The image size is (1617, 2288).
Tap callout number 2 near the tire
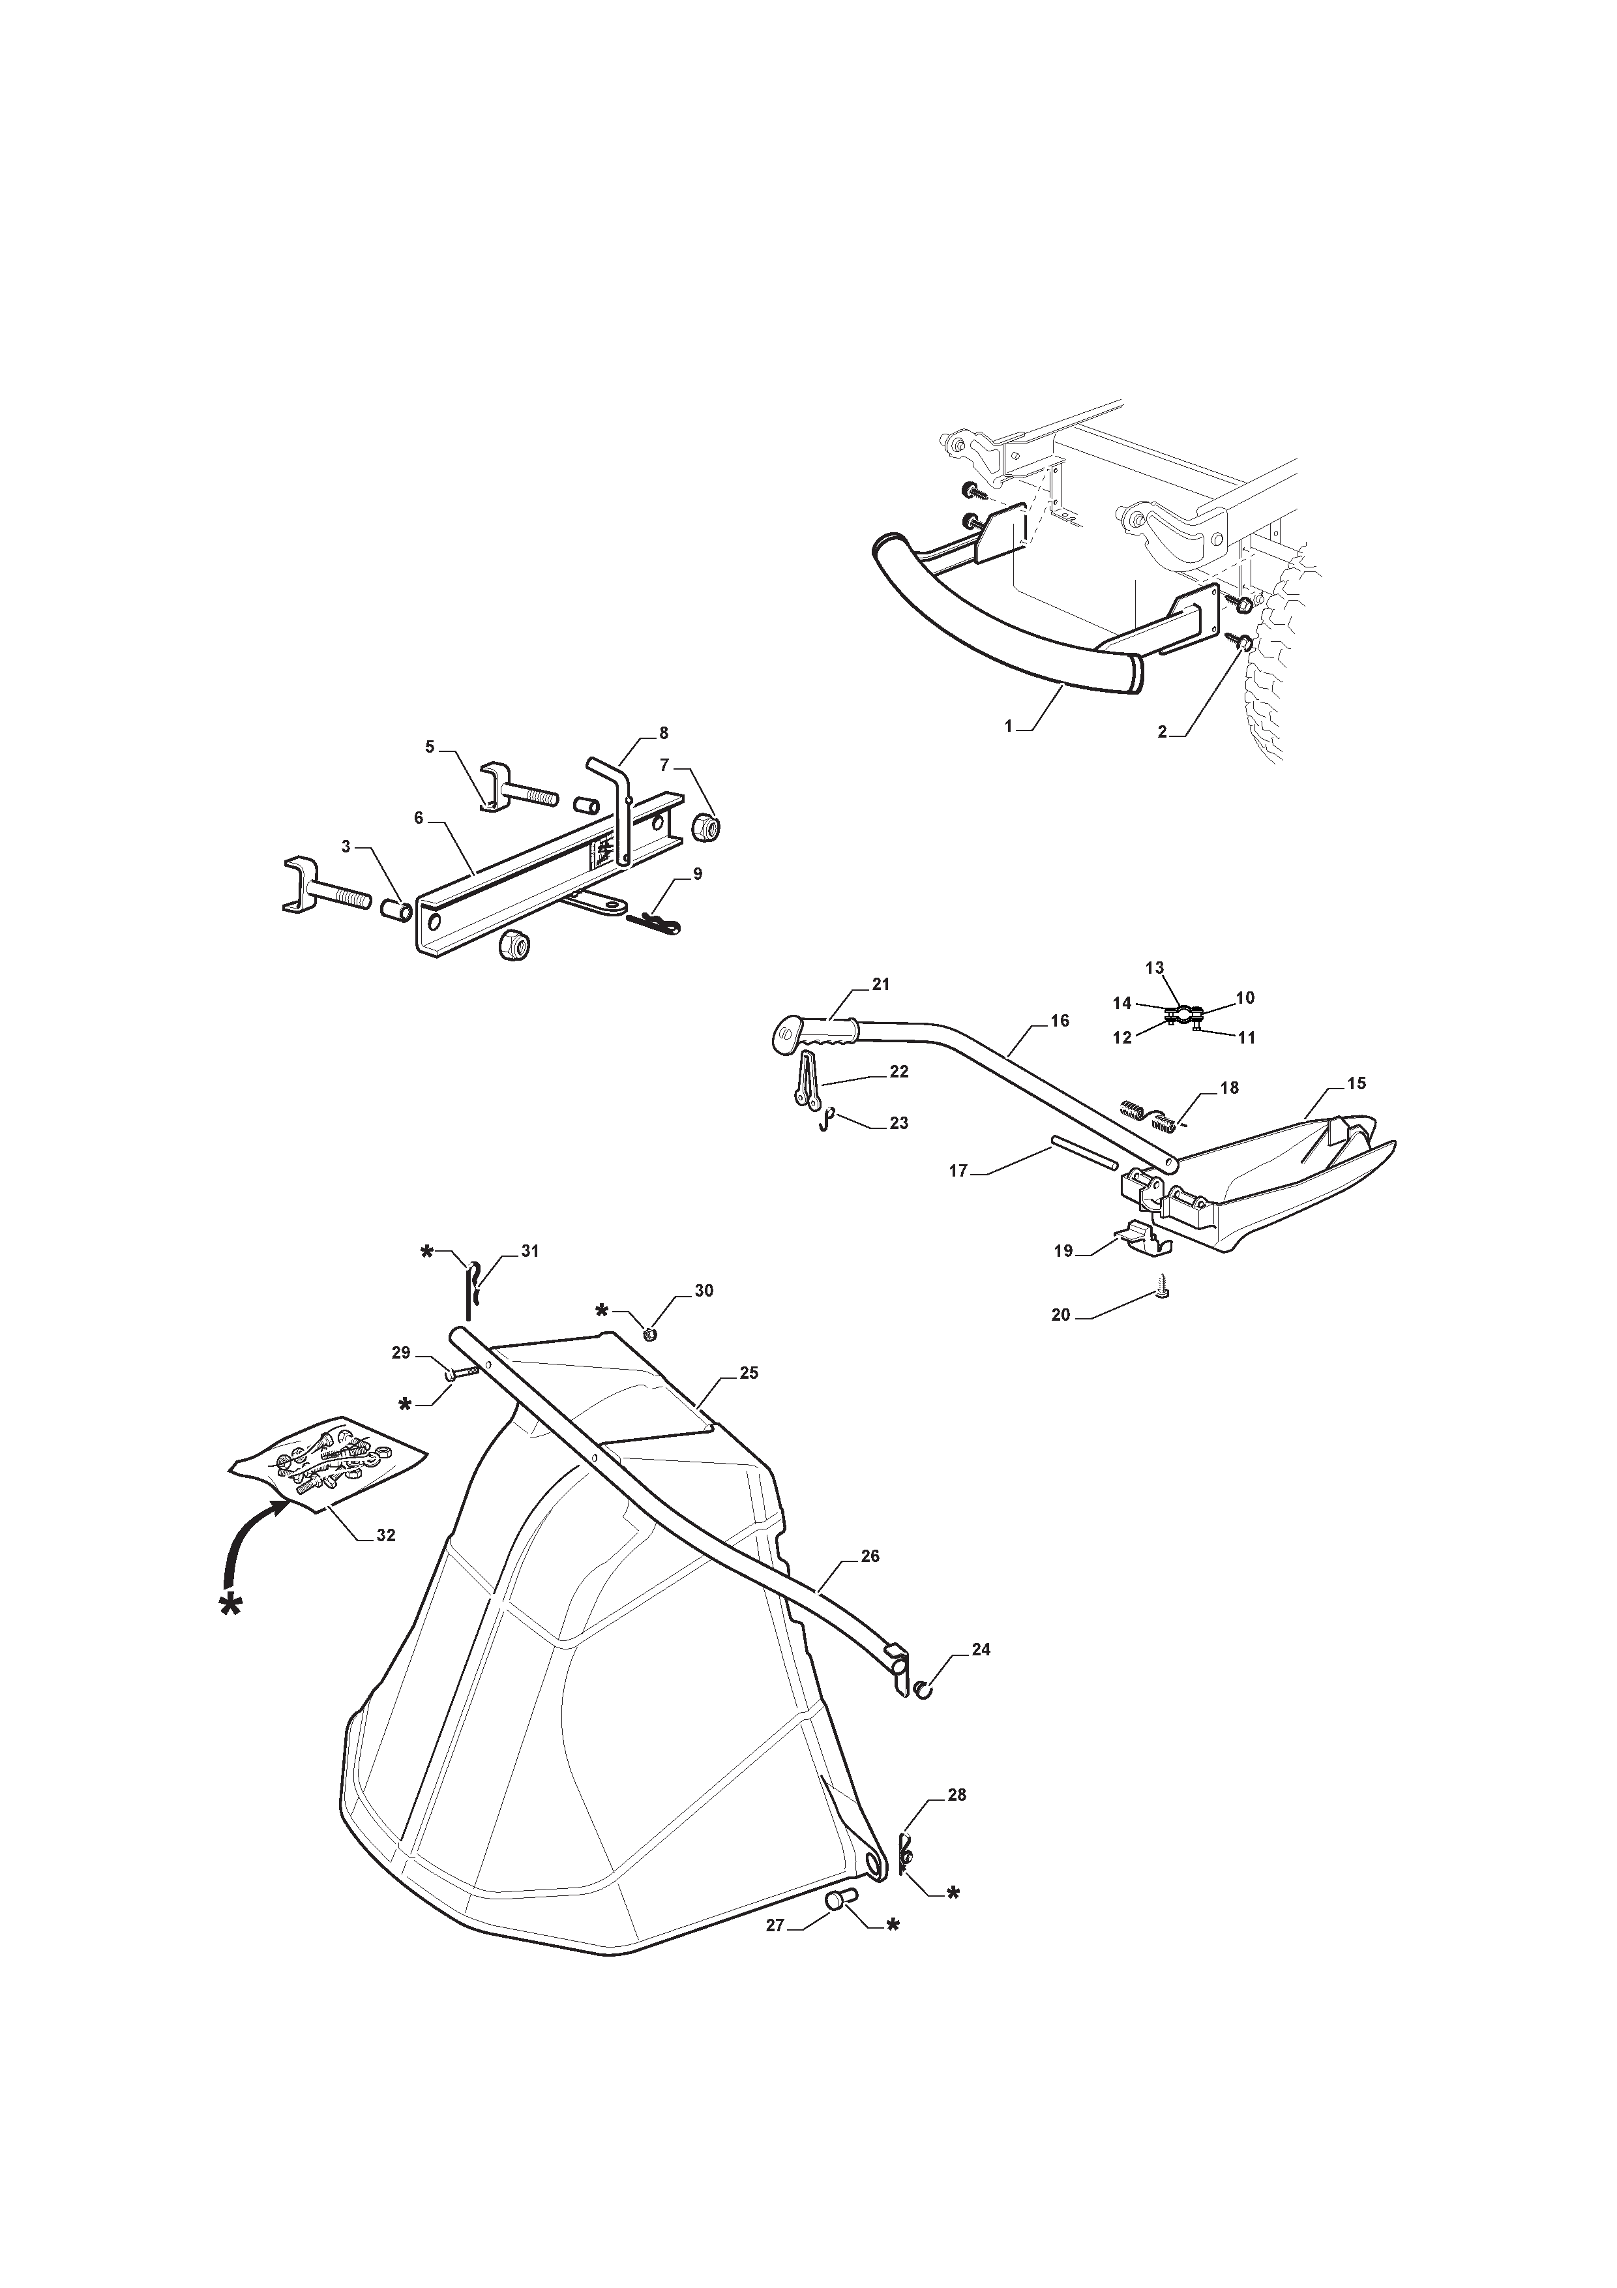(1162, 731)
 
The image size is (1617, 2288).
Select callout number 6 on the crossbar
(419, 818)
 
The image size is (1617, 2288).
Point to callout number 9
(698, 874)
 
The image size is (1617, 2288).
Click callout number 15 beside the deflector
(1357, 1083)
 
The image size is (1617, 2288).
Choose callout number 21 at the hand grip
(881, 985)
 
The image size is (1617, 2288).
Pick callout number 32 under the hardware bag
(385, 1535)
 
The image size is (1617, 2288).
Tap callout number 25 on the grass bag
(749, 1373)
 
